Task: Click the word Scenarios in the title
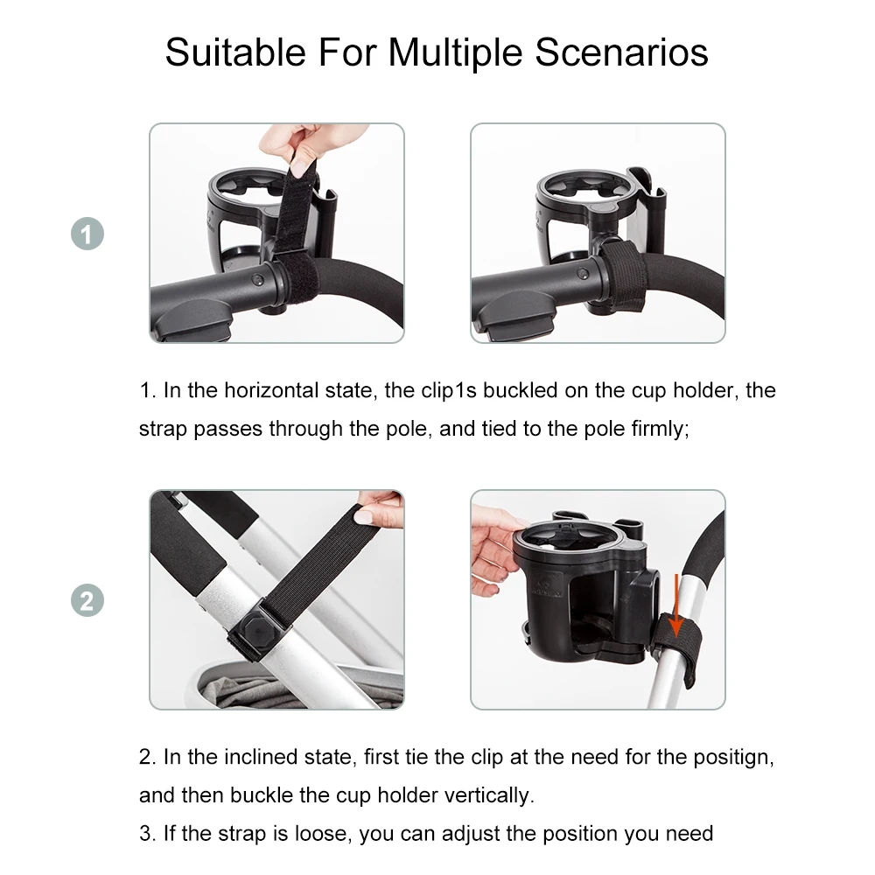pyautogui.click(x=621, y=52)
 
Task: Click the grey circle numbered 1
pyautogui.click(x=87, y=234)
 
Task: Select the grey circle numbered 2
pyautogui.click(x=87, y=601)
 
